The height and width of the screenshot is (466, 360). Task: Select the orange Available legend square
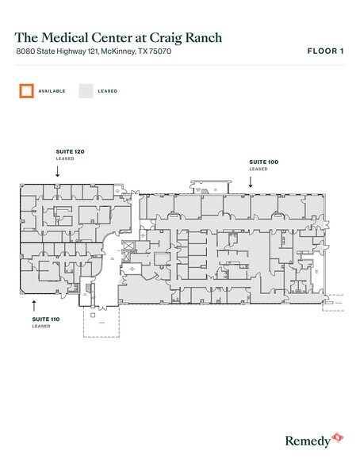click(x=27, y=90)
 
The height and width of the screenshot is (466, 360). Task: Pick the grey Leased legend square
click(x=86, y=90)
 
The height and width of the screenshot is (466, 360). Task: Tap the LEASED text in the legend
click(x=107, y=91)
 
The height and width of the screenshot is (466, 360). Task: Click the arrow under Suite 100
click(x=251, y=181)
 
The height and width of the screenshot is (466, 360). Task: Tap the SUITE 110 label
click(x=42, y=318)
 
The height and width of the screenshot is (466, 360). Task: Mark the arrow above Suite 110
click(x=33, y=304)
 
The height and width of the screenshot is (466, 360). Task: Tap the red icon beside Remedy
click(x=337, y=437)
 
